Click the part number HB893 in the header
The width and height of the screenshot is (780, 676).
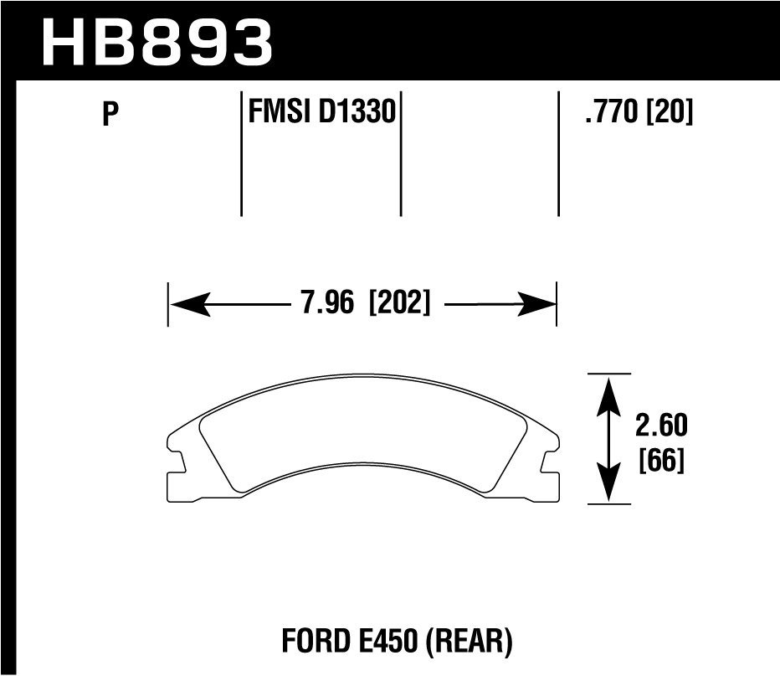[157, 42]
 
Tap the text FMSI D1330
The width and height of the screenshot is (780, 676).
[321, 111]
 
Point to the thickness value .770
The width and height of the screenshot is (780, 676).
[613, 111]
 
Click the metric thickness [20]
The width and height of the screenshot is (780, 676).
[670, 111]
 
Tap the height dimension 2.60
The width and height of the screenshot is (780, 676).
[661, 426]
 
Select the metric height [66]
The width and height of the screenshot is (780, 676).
[661, 461]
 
